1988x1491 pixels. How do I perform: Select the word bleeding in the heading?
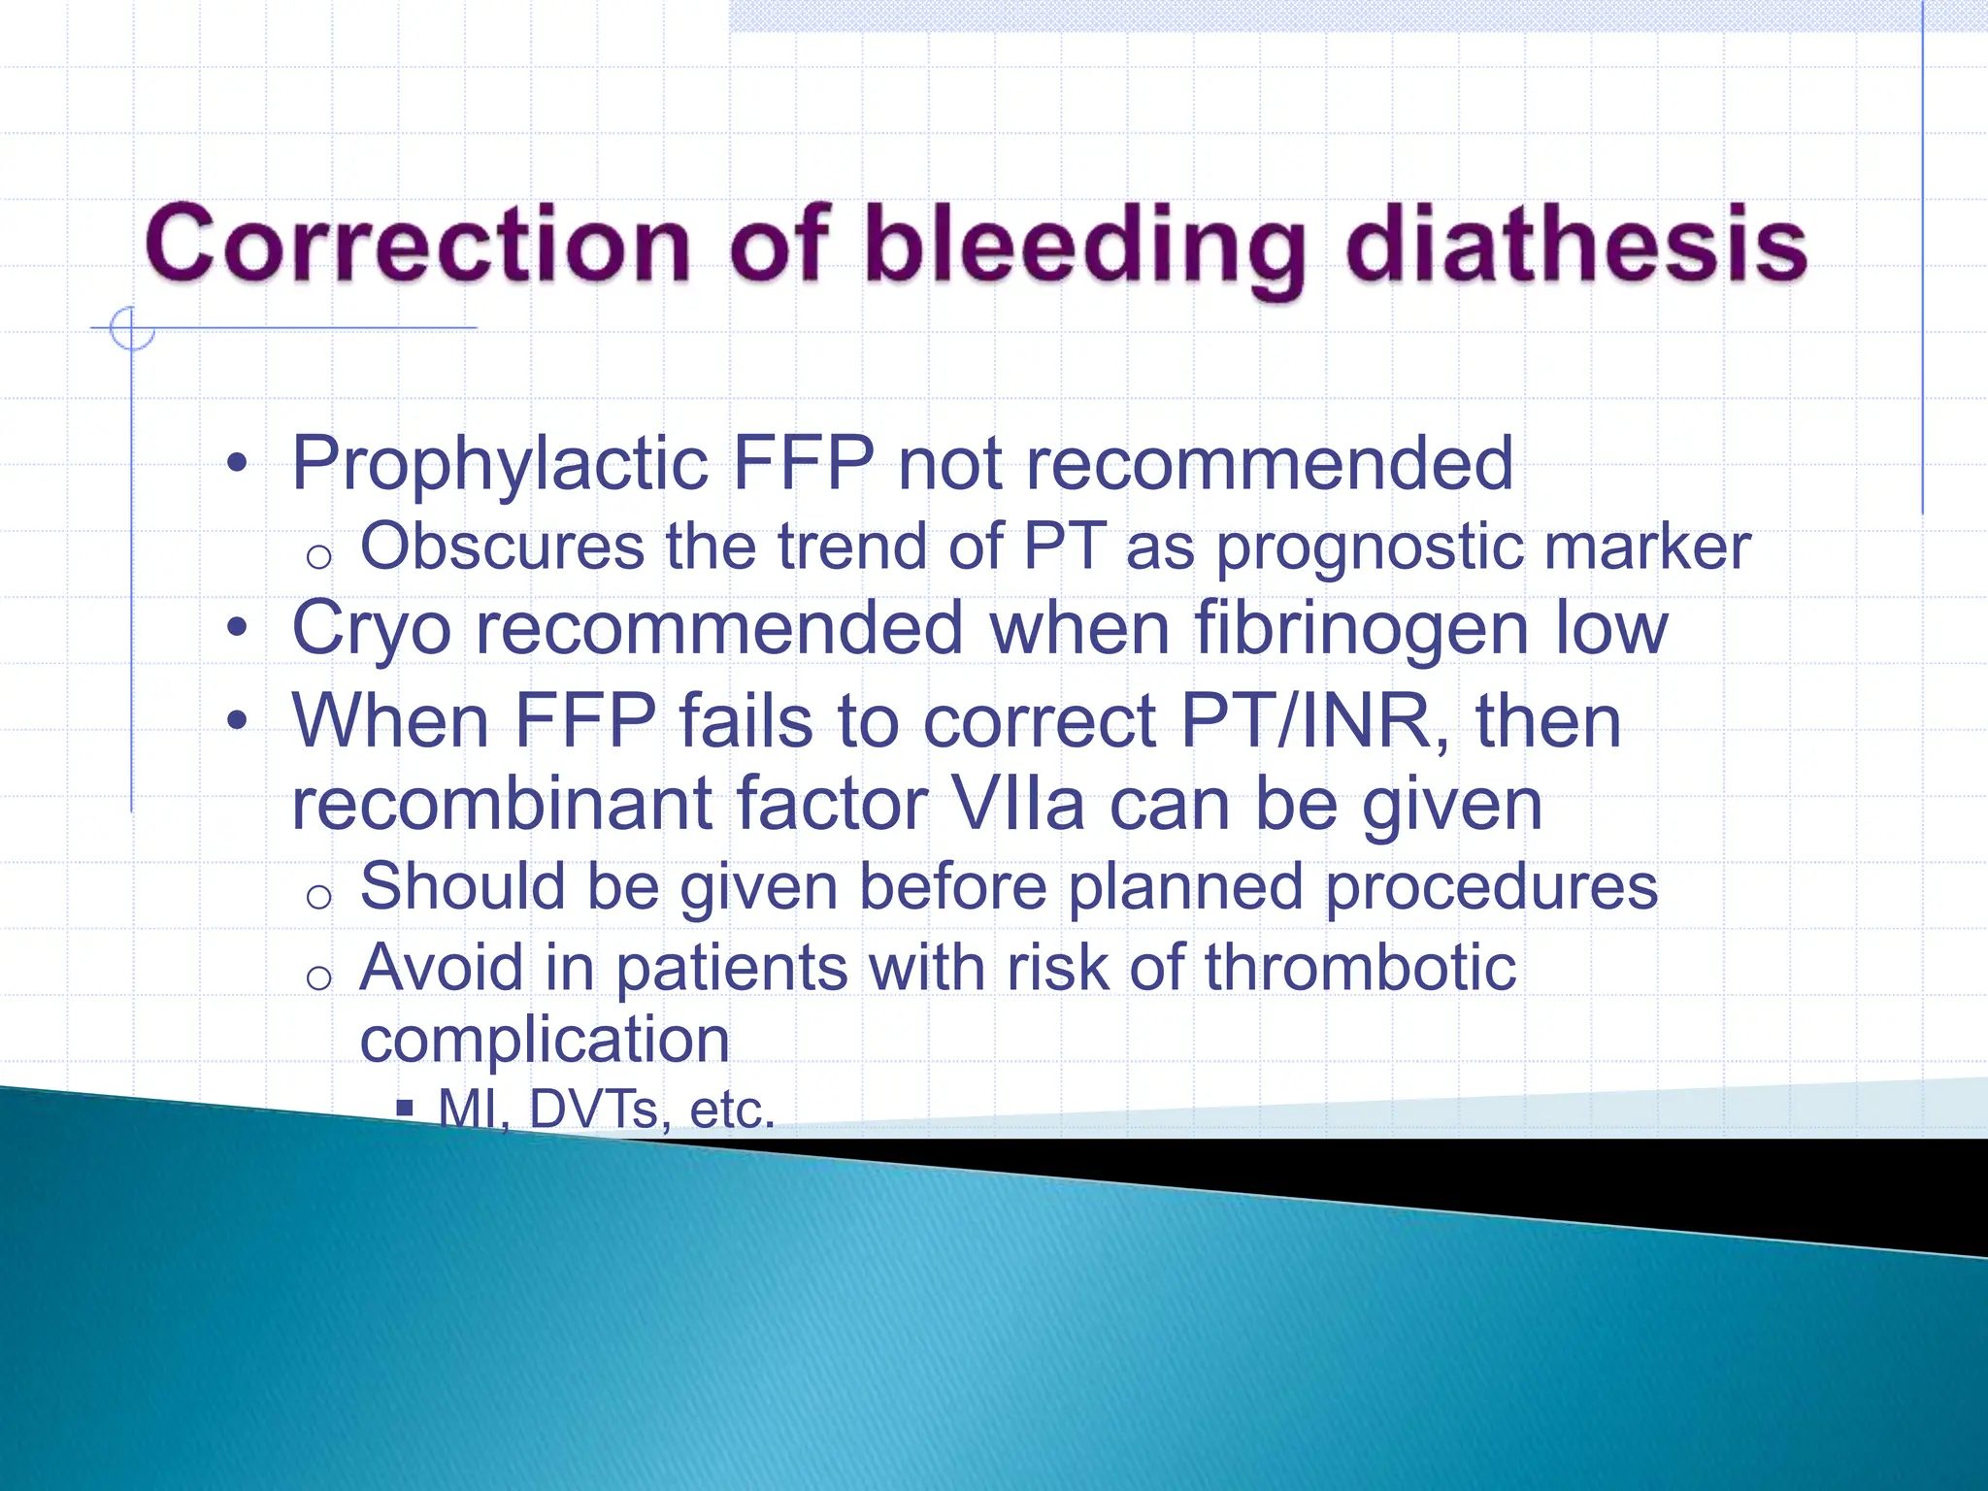pos(1084,248)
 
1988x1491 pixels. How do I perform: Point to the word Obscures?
pos(502,547)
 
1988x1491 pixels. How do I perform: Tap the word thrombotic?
pos(1360,968)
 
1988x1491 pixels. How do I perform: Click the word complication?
pos(545,1041)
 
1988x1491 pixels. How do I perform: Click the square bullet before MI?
pos(406,1109)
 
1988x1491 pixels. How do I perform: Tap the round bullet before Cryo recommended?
pos(237,629)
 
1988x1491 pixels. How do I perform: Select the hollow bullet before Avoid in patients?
pos(318,977)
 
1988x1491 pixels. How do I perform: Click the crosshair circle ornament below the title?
pos(131,328)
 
